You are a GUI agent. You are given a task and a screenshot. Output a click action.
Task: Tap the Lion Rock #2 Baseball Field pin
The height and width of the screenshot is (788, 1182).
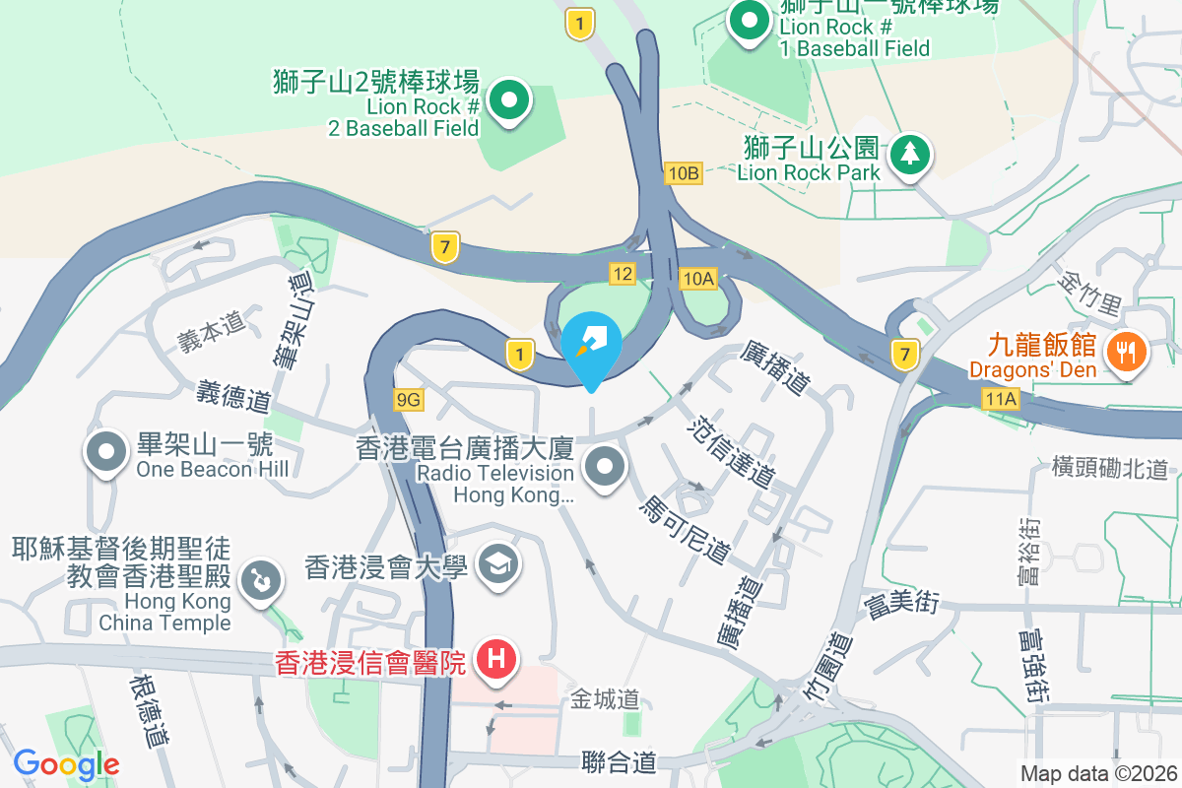pos(509,99)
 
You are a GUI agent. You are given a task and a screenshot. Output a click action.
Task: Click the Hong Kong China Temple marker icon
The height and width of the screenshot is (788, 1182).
pos(260,578)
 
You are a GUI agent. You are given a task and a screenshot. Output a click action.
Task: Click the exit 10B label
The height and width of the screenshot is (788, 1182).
pos(683,173)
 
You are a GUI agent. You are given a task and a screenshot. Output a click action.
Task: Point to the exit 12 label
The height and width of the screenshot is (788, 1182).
pos(622,274)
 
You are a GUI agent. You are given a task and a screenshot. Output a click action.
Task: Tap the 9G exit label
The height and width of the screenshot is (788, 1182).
pos(408,399)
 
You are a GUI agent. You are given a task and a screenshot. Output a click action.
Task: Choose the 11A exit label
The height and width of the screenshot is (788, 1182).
pos(999,399)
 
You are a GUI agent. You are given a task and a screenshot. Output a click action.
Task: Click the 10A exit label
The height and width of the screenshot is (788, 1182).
pos(697,279)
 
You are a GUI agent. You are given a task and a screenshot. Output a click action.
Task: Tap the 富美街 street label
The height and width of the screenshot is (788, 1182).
pos(900,604)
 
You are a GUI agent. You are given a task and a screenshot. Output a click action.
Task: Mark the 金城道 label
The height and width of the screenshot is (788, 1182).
pos(605,700)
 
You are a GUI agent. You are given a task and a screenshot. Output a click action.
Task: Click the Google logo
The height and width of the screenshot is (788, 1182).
pos(66,763)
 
